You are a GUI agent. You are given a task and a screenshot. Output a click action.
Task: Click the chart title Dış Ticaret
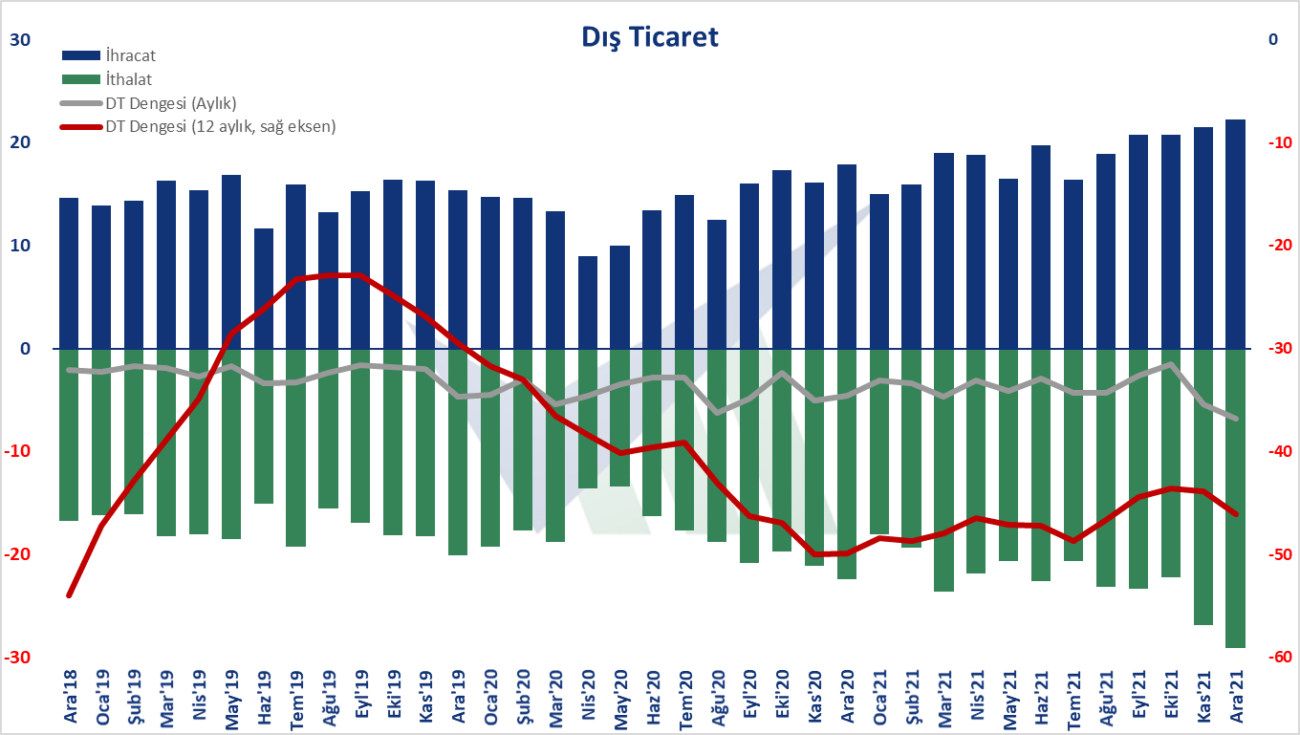tap(650, 37)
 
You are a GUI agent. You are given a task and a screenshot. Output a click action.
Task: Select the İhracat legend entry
tap(132, 56)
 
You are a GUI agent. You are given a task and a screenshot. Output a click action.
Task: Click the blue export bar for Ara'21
tap(1235, 234)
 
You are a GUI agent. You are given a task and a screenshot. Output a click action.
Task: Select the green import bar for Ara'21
tap(1235, 498)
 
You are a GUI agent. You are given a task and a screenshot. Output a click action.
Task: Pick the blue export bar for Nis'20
tap(588, 302)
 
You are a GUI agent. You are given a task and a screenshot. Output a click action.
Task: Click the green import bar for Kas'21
tap(1202, 486)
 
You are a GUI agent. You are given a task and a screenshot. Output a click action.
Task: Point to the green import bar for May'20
tap(620, 418)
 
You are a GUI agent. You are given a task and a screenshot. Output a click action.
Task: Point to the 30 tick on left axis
tap(20, 40)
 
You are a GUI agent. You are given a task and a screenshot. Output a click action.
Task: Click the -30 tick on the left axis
tap(16, 658)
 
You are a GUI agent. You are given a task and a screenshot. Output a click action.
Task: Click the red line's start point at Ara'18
tap(70, 594)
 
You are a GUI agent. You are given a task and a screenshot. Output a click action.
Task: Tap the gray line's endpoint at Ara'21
tap(1235, 419)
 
